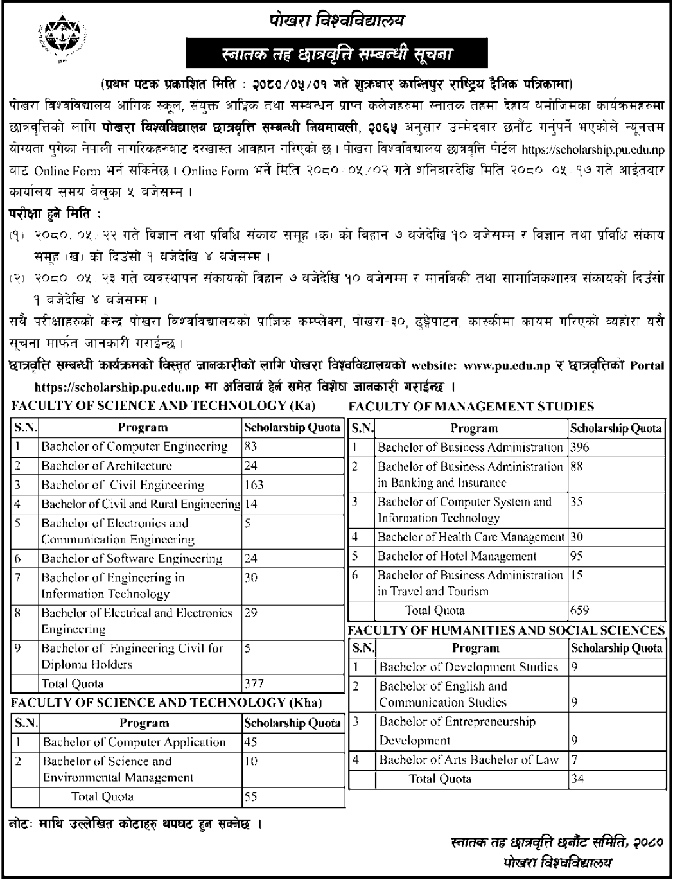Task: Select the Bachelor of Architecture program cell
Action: click(107, 466)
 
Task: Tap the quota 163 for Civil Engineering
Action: click(254, 485)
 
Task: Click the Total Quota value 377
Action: click(254, 683)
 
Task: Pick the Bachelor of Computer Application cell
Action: click(134, 742)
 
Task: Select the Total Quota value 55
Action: click(250, 796)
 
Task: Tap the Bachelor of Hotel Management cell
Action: click(457, 556)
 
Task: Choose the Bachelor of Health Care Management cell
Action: click(471, 537)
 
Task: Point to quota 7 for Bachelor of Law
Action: click(575, 760)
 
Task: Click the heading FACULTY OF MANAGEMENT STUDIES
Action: click(471, 406)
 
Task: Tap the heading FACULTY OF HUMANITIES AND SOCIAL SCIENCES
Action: click(507, 630)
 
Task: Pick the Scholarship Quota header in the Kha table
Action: click(292, 723)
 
